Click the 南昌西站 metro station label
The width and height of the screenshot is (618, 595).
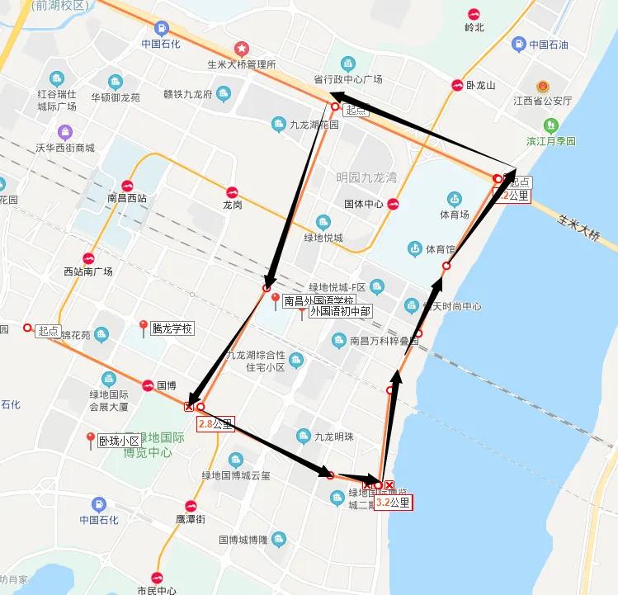127,198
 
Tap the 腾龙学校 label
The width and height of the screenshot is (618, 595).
171,328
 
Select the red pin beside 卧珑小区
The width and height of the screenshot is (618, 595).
90,439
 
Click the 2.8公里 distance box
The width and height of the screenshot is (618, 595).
215,425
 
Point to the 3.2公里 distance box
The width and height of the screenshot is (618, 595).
393,502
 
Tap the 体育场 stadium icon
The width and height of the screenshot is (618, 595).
454,198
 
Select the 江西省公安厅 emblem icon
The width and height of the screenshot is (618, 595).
542,86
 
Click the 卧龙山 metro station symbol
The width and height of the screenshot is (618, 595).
457,85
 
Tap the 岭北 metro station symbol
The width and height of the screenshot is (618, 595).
474,13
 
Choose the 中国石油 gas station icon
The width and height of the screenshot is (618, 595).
517,45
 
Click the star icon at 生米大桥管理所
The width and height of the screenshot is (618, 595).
241,49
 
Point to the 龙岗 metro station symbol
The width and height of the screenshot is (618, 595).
232,190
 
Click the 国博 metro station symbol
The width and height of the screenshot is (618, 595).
147,385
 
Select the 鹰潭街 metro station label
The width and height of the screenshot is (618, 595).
190,518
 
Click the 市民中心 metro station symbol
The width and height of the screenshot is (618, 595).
157,576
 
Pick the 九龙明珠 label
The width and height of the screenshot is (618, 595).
334,437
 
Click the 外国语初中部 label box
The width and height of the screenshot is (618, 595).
340,312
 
